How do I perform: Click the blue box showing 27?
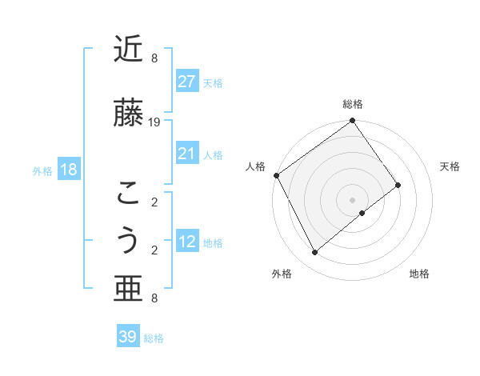coord(186,82)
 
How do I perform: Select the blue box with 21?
coord(186,154)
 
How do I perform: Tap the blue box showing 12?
coord(186,242)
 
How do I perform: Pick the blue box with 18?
coord(68,170)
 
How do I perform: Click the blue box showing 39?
coord(128,337)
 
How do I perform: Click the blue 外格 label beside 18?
coord(42,170)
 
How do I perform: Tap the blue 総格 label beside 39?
coord(154,338)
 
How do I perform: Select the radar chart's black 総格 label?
coord(353,104)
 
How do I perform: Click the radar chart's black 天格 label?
coord(450,166)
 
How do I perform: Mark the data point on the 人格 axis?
coord(276,175)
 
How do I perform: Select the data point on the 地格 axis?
coord(362,213)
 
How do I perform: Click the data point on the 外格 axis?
coord(314,253)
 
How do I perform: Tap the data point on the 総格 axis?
coord(352,121)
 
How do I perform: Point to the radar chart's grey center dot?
coord(352,199)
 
